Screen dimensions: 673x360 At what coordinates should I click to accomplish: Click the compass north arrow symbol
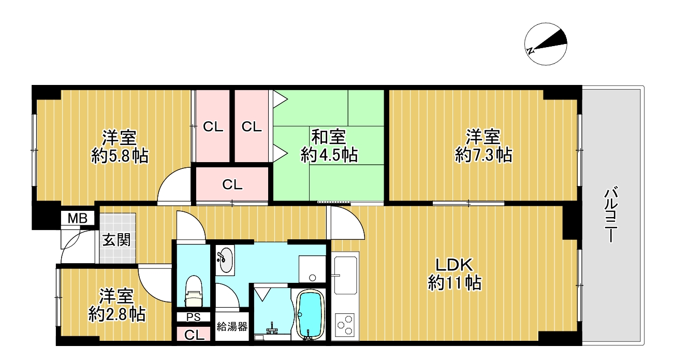(546, 44)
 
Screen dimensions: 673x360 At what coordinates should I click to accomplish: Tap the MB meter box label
(78, 218)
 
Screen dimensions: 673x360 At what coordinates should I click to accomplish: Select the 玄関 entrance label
(116, 240)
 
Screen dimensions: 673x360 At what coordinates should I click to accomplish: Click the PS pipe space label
(193, 318)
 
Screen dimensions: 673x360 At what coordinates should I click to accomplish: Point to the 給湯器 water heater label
(232, 327)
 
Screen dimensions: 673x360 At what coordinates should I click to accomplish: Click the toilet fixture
(194, 291)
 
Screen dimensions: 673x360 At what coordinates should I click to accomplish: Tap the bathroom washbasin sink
(225, 260)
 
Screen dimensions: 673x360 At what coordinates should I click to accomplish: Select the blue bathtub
(310, 314)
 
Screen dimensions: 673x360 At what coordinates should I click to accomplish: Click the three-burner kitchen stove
(345, 325)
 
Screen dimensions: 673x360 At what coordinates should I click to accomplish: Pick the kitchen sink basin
(345, 275)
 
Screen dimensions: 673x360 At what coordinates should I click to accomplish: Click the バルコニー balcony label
(611, 215)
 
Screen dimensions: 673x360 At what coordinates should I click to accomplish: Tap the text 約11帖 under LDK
(455, 283)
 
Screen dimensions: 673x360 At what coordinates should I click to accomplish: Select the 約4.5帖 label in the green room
(329, 155)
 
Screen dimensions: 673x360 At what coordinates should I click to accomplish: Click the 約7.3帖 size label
(484, 155)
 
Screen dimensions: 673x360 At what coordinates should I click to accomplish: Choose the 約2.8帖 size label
(117, 314)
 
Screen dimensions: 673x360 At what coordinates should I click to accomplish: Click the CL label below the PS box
(194, 335)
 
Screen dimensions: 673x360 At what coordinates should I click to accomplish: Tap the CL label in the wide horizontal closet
(232, 184)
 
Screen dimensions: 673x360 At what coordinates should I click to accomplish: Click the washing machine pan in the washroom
(312, 269)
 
